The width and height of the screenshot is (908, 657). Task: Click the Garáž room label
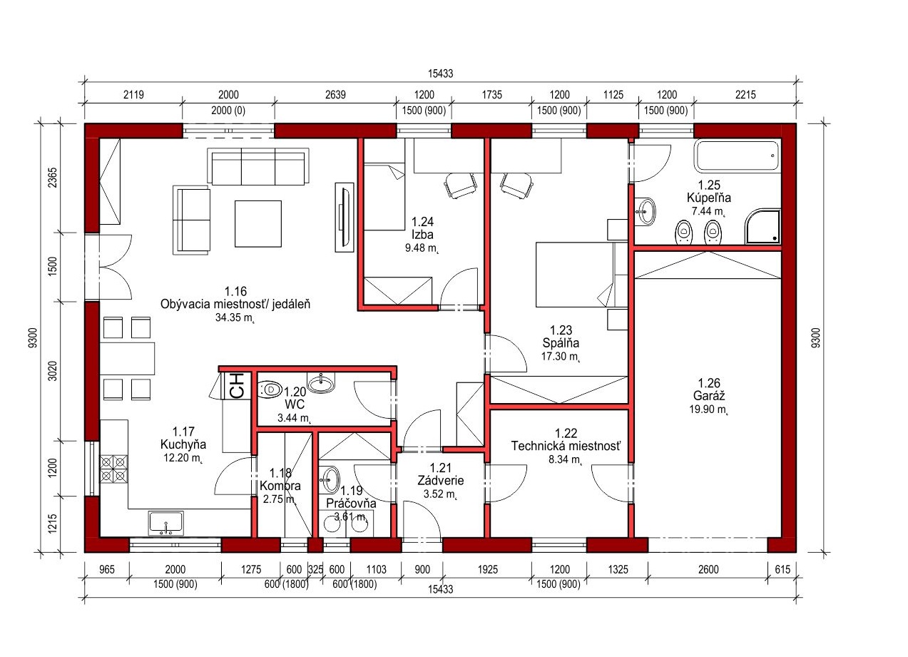tap(709, 396)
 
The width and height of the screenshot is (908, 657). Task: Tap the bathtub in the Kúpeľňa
tap(737, 156)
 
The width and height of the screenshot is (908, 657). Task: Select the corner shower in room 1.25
tap(762, 227)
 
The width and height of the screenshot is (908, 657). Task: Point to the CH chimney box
tap(237, 385)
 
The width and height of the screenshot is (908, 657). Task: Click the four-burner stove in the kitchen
tap(113, 469)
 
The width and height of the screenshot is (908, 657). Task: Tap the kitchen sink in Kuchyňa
tap(165, 523)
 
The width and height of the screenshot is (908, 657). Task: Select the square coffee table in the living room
tap(257, 223)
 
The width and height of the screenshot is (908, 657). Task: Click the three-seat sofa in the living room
tap(257, 167)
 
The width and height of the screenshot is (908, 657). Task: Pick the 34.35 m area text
tap(234, 317)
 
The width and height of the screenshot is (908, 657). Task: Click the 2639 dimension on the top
tap(335, 94)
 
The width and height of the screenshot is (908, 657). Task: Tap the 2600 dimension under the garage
tap(708, 569)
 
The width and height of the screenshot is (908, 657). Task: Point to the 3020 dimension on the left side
tap(53, 371)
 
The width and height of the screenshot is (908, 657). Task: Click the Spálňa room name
tap(561, 343)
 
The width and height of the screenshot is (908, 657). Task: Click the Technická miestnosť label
tap(566, 446)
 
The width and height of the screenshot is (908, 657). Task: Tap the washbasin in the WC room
tap(321, 382)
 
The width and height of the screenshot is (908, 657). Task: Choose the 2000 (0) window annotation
tap(228, 111)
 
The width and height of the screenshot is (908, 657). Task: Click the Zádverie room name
tap(441, 480)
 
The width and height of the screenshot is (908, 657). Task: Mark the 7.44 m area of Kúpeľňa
tap(708, 211)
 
